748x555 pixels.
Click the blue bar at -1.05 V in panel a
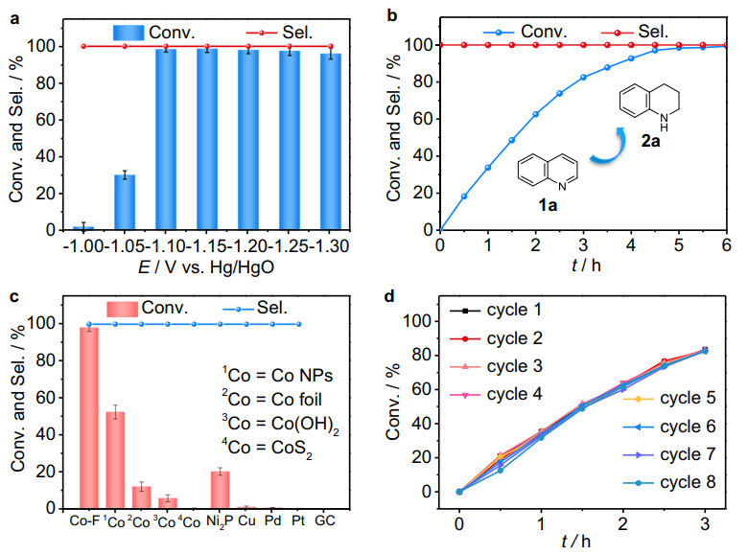tap(125, 202)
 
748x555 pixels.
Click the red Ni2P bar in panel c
tap(220, 489)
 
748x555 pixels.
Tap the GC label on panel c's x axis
tap(325, 522)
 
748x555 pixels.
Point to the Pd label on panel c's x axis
tap(273, 522)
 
